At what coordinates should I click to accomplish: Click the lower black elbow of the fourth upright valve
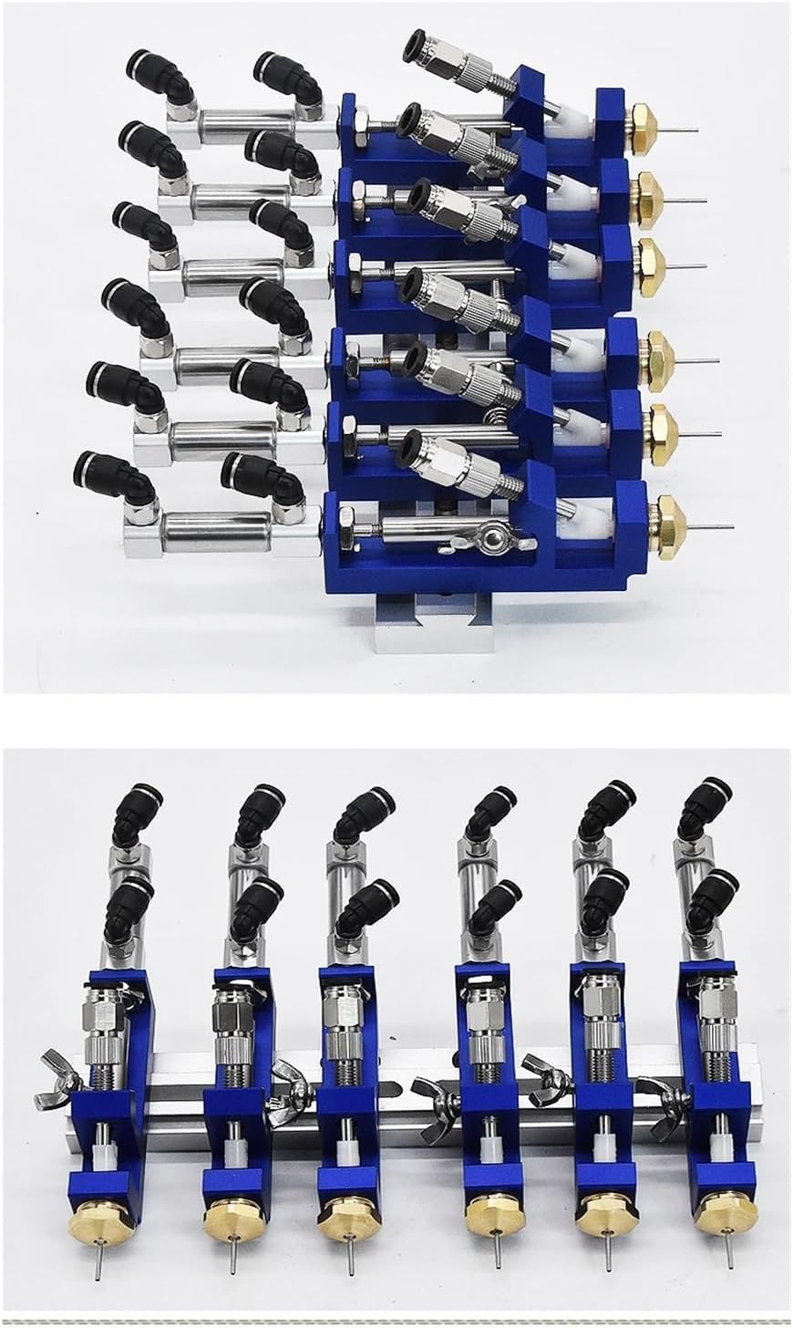pyautogui.click(x=498, y=902)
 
